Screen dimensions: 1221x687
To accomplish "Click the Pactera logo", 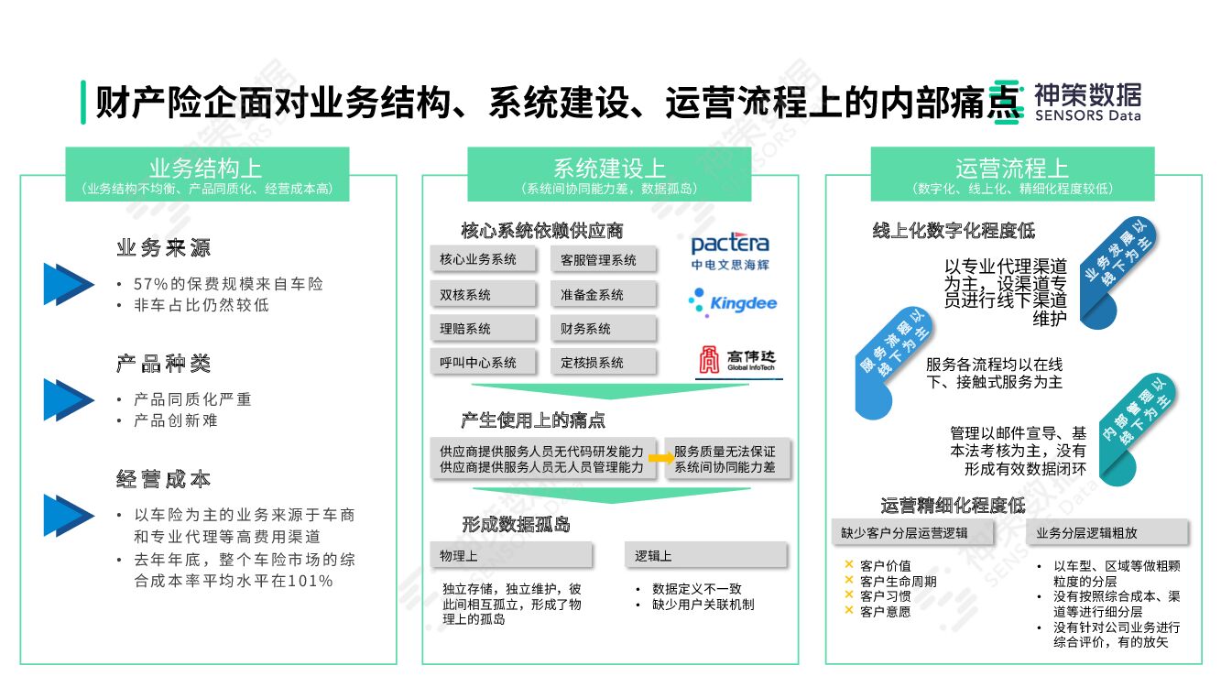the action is pos(730,251).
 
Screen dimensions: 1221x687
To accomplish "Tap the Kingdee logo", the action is pos(732,301).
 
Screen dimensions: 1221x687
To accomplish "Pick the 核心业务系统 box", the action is pos(483,259).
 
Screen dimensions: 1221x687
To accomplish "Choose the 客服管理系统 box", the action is pos(604,259).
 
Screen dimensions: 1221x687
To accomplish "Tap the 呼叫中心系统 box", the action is pos(483,362).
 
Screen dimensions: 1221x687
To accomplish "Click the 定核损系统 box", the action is pos(604,362).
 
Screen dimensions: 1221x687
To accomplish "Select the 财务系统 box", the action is pos(604,328).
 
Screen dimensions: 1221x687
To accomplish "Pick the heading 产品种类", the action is pos(164,364).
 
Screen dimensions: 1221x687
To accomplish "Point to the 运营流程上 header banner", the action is pos(1012,174).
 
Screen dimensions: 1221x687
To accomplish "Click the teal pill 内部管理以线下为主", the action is pos(1138,427).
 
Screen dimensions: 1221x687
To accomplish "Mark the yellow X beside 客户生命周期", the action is pos(849,581).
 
